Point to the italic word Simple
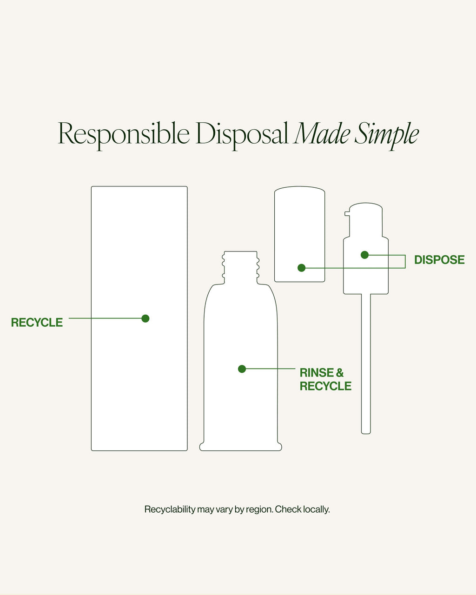(387, 135)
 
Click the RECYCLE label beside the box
(37, 323)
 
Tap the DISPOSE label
(439, 260)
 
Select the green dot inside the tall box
(145, 318)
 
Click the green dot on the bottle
(242, 369)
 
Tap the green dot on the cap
(302, 268)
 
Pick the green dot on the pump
(365, 255)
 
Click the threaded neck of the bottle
(241, 267)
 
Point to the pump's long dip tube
(366, 364)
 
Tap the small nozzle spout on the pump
(347, 213)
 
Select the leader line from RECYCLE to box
(105, 318)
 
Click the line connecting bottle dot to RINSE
(271, 369)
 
